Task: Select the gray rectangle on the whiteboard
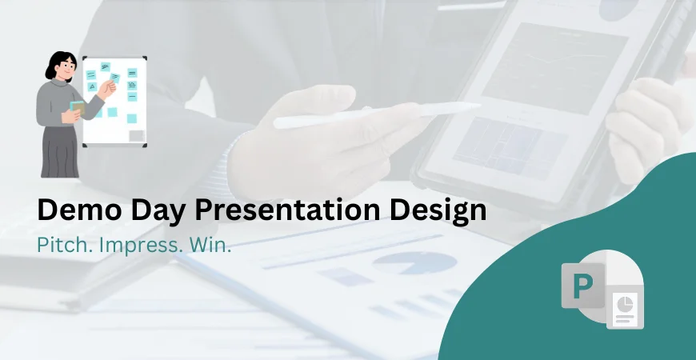tap(137, 135)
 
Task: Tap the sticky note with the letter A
tap(92, 86)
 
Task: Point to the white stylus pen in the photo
tap(376, 114)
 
